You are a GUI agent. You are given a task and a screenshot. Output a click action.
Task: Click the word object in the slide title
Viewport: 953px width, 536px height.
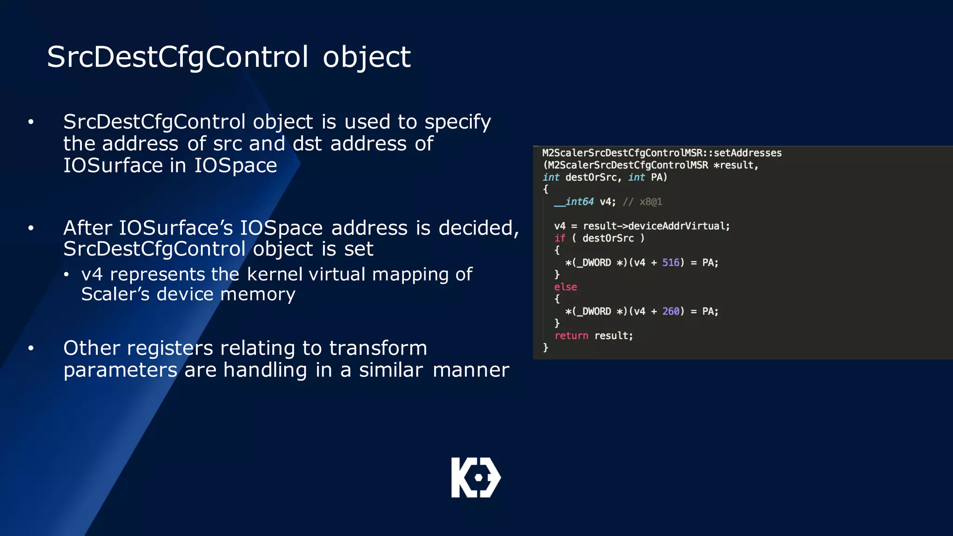(366, 58)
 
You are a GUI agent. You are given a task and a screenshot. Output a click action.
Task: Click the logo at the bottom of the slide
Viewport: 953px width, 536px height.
(476, 477)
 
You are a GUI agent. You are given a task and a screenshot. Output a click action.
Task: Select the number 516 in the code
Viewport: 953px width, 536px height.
(671, 263)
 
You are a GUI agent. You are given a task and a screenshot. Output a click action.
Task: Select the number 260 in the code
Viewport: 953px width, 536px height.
(671, 311)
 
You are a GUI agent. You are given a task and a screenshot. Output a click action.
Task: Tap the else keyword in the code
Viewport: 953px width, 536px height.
(565, 287)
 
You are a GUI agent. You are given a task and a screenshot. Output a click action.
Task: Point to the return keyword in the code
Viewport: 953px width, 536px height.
(571, 336)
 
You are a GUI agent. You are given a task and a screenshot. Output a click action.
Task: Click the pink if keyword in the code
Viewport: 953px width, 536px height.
(559, 238)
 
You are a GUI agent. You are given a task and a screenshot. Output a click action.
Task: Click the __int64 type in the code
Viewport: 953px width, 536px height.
(574, 202)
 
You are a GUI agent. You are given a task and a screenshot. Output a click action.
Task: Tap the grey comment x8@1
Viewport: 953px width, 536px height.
(651, 202)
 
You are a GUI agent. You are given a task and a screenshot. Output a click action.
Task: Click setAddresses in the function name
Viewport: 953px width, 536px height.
(747, 153)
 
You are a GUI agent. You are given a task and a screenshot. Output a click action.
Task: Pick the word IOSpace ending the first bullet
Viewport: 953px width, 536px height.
(235, 166)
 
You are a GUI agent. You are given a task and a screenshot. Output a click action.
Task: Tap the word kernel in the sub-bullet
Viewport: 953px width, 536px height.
(275, 275)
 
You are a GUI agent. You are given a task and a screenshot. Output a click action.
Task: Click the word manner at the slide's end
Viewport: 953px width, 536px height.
(471, 370)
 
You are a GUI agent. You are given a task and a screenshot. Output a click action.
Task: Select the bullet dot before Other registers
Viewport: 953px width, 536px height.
(31, 348)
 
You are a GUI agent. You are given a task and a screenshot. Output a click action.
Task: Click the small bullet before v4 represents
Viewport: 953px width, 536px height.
(67, 275)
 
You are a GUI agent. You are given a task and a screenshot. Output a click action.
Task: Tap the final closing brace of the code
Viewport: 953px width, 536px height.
(545, 348)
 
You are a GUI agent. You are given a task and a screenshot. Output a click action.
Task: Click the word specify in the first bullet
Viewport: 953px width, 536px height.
(457, 122)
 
